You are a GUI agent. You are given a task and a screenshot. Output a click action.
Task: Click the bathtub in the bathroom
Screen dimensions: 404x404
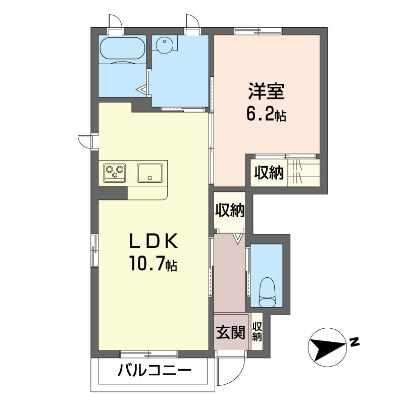[122, 48]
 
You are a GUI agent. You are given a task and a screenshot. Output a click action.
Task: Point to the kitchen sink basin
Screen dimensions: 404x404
[149, 173]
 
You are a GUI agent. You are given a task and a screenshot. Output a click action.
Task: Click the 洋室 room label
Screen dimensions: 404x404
[266, 91]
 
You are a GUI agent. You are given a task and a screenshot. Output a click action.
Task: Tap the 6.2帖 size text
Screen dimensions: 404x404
[266, 115]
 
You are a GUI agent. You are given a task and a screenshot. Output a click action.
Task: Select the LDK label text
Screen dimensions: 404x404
[154, 241]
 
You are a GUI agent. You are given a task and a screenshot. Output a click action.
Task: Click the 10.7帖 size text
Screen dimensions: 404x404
[154, 263]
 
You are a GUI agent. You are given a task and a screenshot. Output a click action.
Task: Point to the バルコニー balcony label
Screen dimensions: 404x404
[155, 371]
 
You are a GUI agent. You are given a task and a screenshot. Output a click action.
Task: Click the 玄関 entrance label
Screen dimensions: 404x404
[230, 332]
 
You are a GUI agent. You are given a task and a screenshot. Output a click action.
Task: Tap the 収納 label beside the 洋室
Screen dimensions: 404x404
[269, 173]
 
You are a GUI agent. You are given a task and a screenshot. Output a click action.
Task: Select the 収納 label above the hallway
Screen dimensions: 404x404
[230, 210]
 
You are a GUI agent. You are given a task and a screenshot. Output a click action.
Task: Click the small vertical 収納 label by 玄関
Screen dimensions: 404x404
[257, 332]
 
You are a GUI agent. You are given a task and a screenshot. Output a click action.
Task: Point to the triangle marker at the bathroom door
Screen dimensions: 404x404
[141, 90]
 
